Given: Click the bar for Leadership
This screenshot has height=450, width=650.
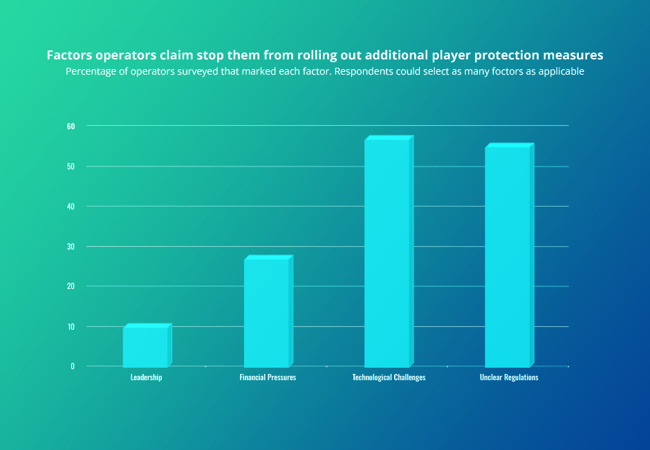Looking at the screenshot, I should (x=146, y=346).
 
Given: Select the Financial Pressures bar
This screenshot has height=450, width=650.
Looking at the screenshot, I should (x=267, y=312).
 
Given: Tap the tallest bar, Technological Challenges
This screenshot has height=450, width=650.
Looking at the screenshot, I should (x=387, y=252).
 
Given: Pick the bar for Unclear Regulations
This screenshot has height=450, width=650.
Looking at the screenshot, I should (x=508, y=256).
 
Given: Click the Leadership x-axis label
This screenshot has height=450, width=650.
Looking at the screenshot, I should (x=146, y=377).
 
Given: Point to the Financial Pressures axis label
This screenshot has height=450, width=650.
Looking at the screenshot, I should (x=268, y=377).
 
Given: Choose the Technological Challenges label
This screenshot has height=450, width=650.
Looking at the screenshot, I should (x=389, y=377).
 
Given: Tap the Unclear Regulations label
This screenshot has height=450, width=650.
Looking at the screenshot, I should (x=509, y=377).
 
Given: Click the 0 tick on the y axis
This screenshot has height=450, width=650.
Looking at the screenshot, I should (x=73, y=366).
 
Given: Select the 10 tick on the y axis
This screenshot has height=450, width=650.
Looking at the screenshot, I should (x=71, y=326).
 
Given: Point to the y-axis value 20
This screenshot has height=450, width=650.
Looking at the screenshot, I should (x=71, y=286).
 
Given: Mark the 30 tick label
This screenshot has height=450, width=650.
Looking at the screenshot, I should (x=71, y=247).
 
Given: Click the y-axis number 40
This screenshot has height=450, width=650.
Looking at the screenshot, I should (x=71, y=207).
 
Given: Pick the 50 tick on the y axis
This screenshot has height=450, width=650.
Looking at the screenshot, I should (x=71, y=167).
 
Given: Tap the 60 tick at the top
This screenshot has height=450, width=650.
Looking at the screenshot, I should (x=71, y=126).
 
